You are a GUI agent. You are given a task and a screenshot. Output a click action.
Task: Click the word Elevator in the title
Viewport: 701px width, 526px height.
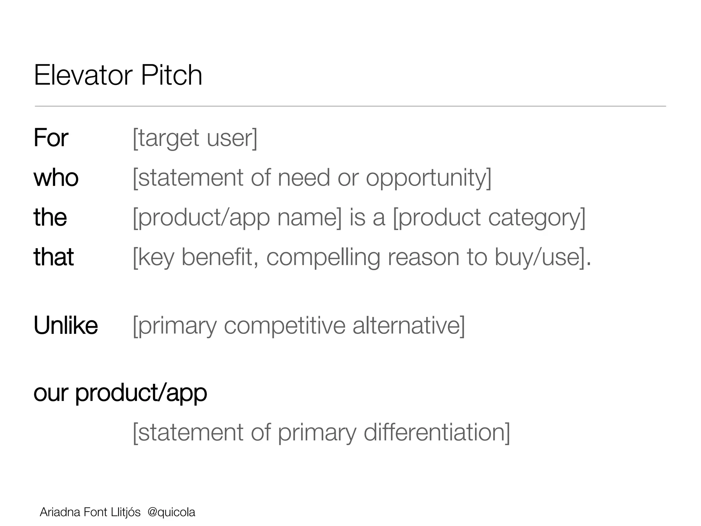[x=83, y=75]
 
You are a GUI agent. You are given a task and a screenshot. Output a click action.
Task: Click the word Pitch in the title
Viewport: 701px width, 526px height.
[x=171, y=75]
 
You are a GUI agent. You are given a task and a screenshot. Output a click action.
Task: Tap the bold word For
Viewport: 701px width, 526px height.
[x=51, y=138]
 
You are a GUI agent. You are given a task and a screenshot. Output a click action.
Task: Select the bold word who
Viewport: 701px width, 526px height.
[x=56, y=178]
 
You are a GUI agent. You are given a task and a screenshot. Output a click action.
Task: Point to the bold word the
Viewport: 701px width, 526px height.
[x=50, y=217]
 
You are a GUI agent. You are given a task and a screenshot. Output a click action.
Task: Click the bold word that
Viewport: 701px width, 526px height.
[x=53, y=257]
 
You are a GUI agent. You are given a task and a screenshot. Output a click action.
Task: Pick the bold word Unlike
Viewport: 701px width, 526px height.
[x=66, y=325]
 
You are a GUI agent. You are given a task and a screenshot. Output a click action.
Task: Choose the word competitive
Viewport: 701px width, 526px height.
[x=284, y=326]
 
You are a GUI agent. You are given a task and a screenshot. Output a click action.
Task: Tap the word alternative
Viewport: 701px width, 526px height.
[x=407, y=326]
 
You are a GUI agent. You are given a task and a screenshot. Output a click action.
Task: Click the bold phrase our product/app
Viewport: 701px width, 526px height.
[x=120, y=393]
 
